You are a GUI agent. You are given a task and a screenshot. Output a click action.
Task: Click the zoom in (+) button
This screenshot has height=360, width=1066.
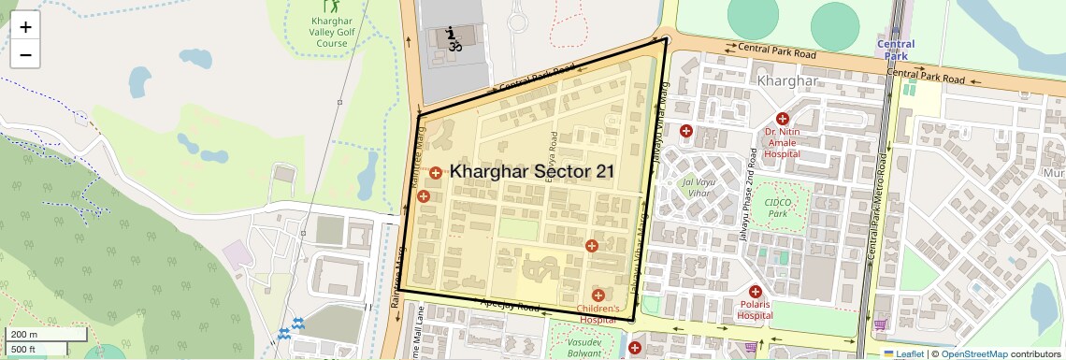pyautogui.click(x=25, y=27)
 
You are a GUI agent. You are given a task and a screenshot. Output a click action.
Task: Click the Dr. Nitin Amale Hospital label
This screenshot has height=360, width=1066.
pyautogui.click(x=783, y=143)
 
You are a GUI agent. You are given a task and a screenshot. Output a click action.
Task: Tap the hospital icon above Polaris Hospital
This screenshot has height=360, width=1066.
pyautogui.click(x=756, y=293)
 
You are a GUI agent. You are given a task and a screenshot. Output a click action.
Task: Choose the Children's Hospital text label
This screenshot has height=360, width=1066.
pyautogui.click(x=598, y=313)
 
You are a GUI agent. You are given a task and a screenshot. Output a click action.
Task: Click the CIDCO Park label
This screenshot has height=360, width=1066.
pyautogui.click(x=778, y=207)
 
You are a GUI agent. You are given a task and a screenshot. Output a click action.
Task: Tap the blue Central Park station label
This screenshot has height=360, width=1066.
pyautogui.click(x=896, y=50)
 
